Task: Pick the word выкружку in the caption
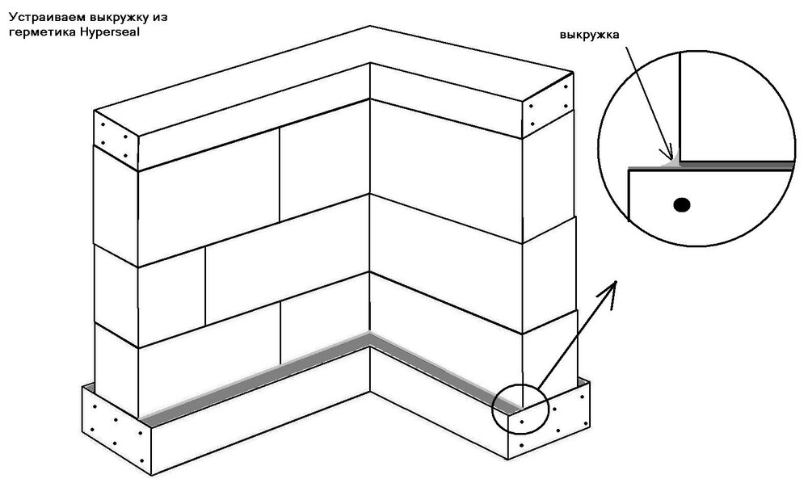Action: (x=119, y=17)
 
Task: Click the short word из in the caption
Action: (x=160, y=17)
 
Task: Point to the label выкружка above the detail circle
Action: (x=590, y=36)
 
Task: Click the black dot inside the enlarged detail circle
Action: (x=682, y=205)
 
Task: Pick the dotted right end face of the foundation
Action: (x=549, y=420)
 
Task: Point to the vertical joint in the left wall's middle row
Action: (x=205, y=286)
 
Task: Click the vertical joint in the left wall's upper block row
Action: (x=280, y=175)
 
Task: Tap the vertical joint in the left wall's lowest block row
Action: (x=280, y=333)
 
